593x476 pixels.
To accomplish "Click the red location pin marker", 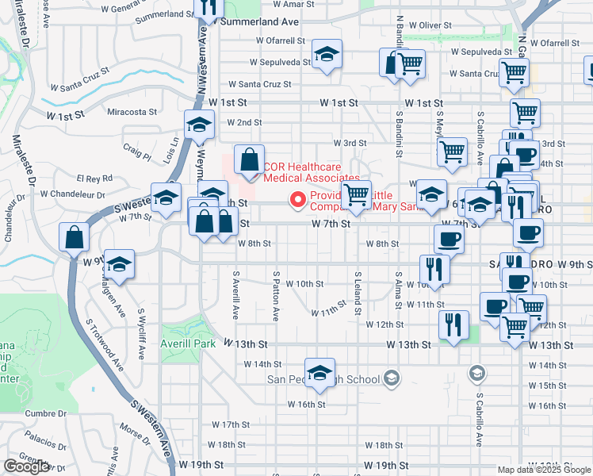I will [298, 199].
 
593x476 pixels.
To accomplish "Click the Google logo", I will [27, 466].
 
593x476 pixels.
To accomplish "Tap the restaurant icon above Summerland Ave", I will [209, 9].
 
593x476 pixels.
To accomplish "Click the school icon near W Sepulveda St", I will [327, 55].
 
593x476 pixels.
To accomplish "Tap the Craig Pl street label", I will [136, 147].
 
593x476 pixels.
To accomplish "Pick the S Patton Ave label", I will [275, 298].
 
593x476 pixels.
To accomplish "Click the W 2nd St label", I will [244, 123].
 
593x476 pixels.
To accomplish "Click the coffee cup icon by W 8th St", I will [449, 238].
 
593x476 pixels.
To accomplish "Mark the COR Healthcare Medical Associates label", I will [312, 172].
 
